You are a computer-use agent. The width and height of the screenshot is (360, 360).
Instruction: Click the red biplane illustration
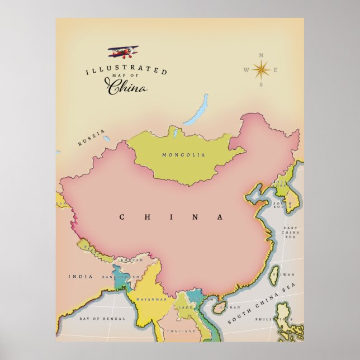pos(122,52)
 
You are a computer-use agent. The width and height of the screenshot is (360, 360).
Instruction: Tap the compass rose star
pos(261,70)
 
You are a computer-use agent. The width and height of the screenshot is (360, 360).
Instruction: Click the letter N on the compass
pos(261,55)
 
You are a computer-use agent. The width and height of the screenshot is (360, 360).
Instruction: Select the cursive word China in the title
pos(127,87)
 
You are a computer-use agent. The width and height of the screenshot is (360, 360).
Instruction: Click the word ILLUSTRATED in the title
pos(126,70)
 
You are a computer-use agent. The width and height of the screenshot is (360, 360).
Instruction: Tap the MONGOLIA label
pos(183,155)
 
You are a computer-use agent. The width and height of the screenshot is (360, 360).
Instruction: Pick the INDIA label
pos(77,276)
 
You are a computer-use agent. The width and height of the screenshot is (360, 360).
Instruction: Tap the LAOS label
pos(185,307)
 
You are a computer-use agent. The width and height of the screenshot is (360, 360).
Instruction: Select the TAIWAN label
pos(286,274)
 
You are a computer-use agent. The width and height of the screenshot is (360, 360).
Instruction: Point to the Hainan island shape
pos(219,306)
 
